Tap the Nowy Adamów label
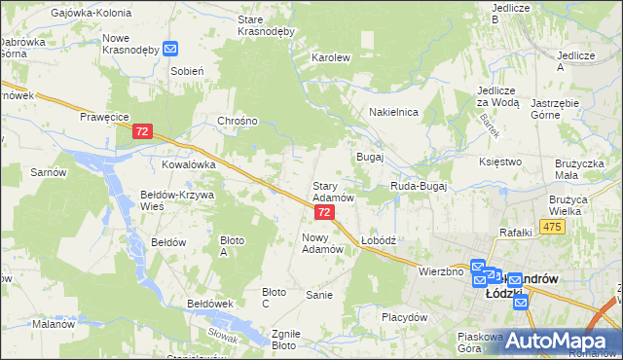pyautogui.click(x=324, y=242)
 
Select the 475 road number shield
pyautogui.click(x=553, y=227)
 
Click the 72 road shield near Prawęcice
pyautogui.click(x=143, y=130)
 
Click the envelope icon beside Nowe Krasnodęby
pyautogui.click(x=170, y=48)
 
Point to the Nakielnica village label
pyautogui.click(x=393, y=112)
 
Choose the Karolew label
pyautogui.click(x=330, y=57)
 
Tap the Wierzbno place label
pyautogui.click(x=440, y=271)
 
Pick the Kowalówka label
pyautogui.click(x=188, y=165)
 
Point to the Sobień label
pyautogui.click(x=186, y=71)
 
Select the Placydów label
pyautogui.click(x=405, y=317)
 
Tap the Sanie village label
pyautogui.click(x=319, y=295)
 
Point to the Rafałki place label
pyautogui.click(x=515, y=232)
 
